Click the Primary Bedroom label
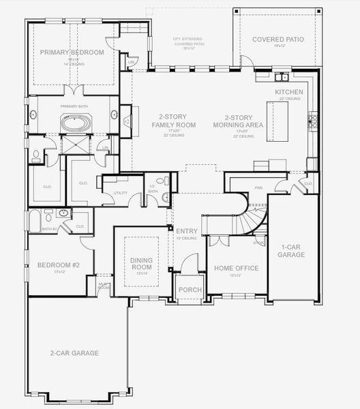(x=72, y=52)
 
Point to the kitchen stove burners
(x=313, y=122)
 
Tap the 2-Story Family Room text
(x=177, y=121)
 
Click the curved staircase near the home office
(x=248, y=218)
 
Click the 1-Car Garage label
(x=291, y=250)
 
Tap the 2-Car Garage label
(x=74, y=353)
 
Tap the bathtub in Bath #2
(x=34, y=220)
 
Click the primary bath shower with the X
(x=72, y=145)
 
